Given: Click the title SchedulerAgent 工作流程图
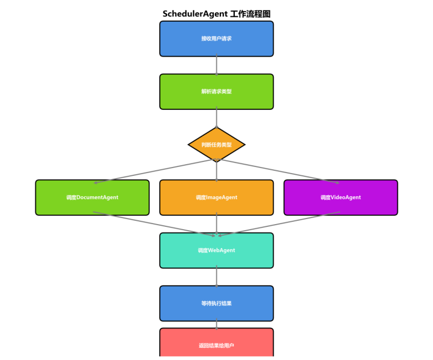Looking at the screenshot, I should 216,14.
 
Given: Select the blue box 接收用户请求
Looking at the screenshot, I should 216,39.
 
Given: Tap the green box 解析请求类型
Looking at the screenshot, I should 216,92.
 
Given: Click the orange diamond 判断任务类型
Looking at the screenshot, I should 216,145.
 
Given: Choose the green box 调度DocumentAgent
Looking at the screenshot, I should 92,197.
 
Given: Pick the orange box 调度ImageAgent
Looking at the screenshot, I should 216,197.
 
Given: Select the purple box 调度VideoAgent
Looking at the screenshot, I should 340,197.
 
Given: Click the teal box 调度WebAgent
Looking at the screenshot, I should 216,250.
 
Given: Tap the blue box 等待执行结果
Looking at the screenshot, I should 216,303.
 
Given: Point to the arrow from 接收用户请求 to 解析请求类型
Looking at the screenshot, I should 216,65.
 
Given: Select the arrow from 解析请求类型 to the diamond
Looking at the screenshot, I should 216,118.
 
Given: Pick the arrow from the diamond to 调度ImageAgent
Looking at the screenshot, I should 216,171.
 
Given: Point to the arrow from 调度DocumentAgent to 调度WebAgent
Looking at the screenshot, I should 150,224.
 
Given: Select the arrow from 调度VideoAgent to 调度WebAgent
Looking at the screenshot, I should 280,224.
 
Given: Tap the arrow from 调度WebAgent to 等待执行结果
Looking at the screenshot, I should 216,277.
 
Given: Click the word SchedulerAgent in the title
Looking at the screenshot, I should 195,14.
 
